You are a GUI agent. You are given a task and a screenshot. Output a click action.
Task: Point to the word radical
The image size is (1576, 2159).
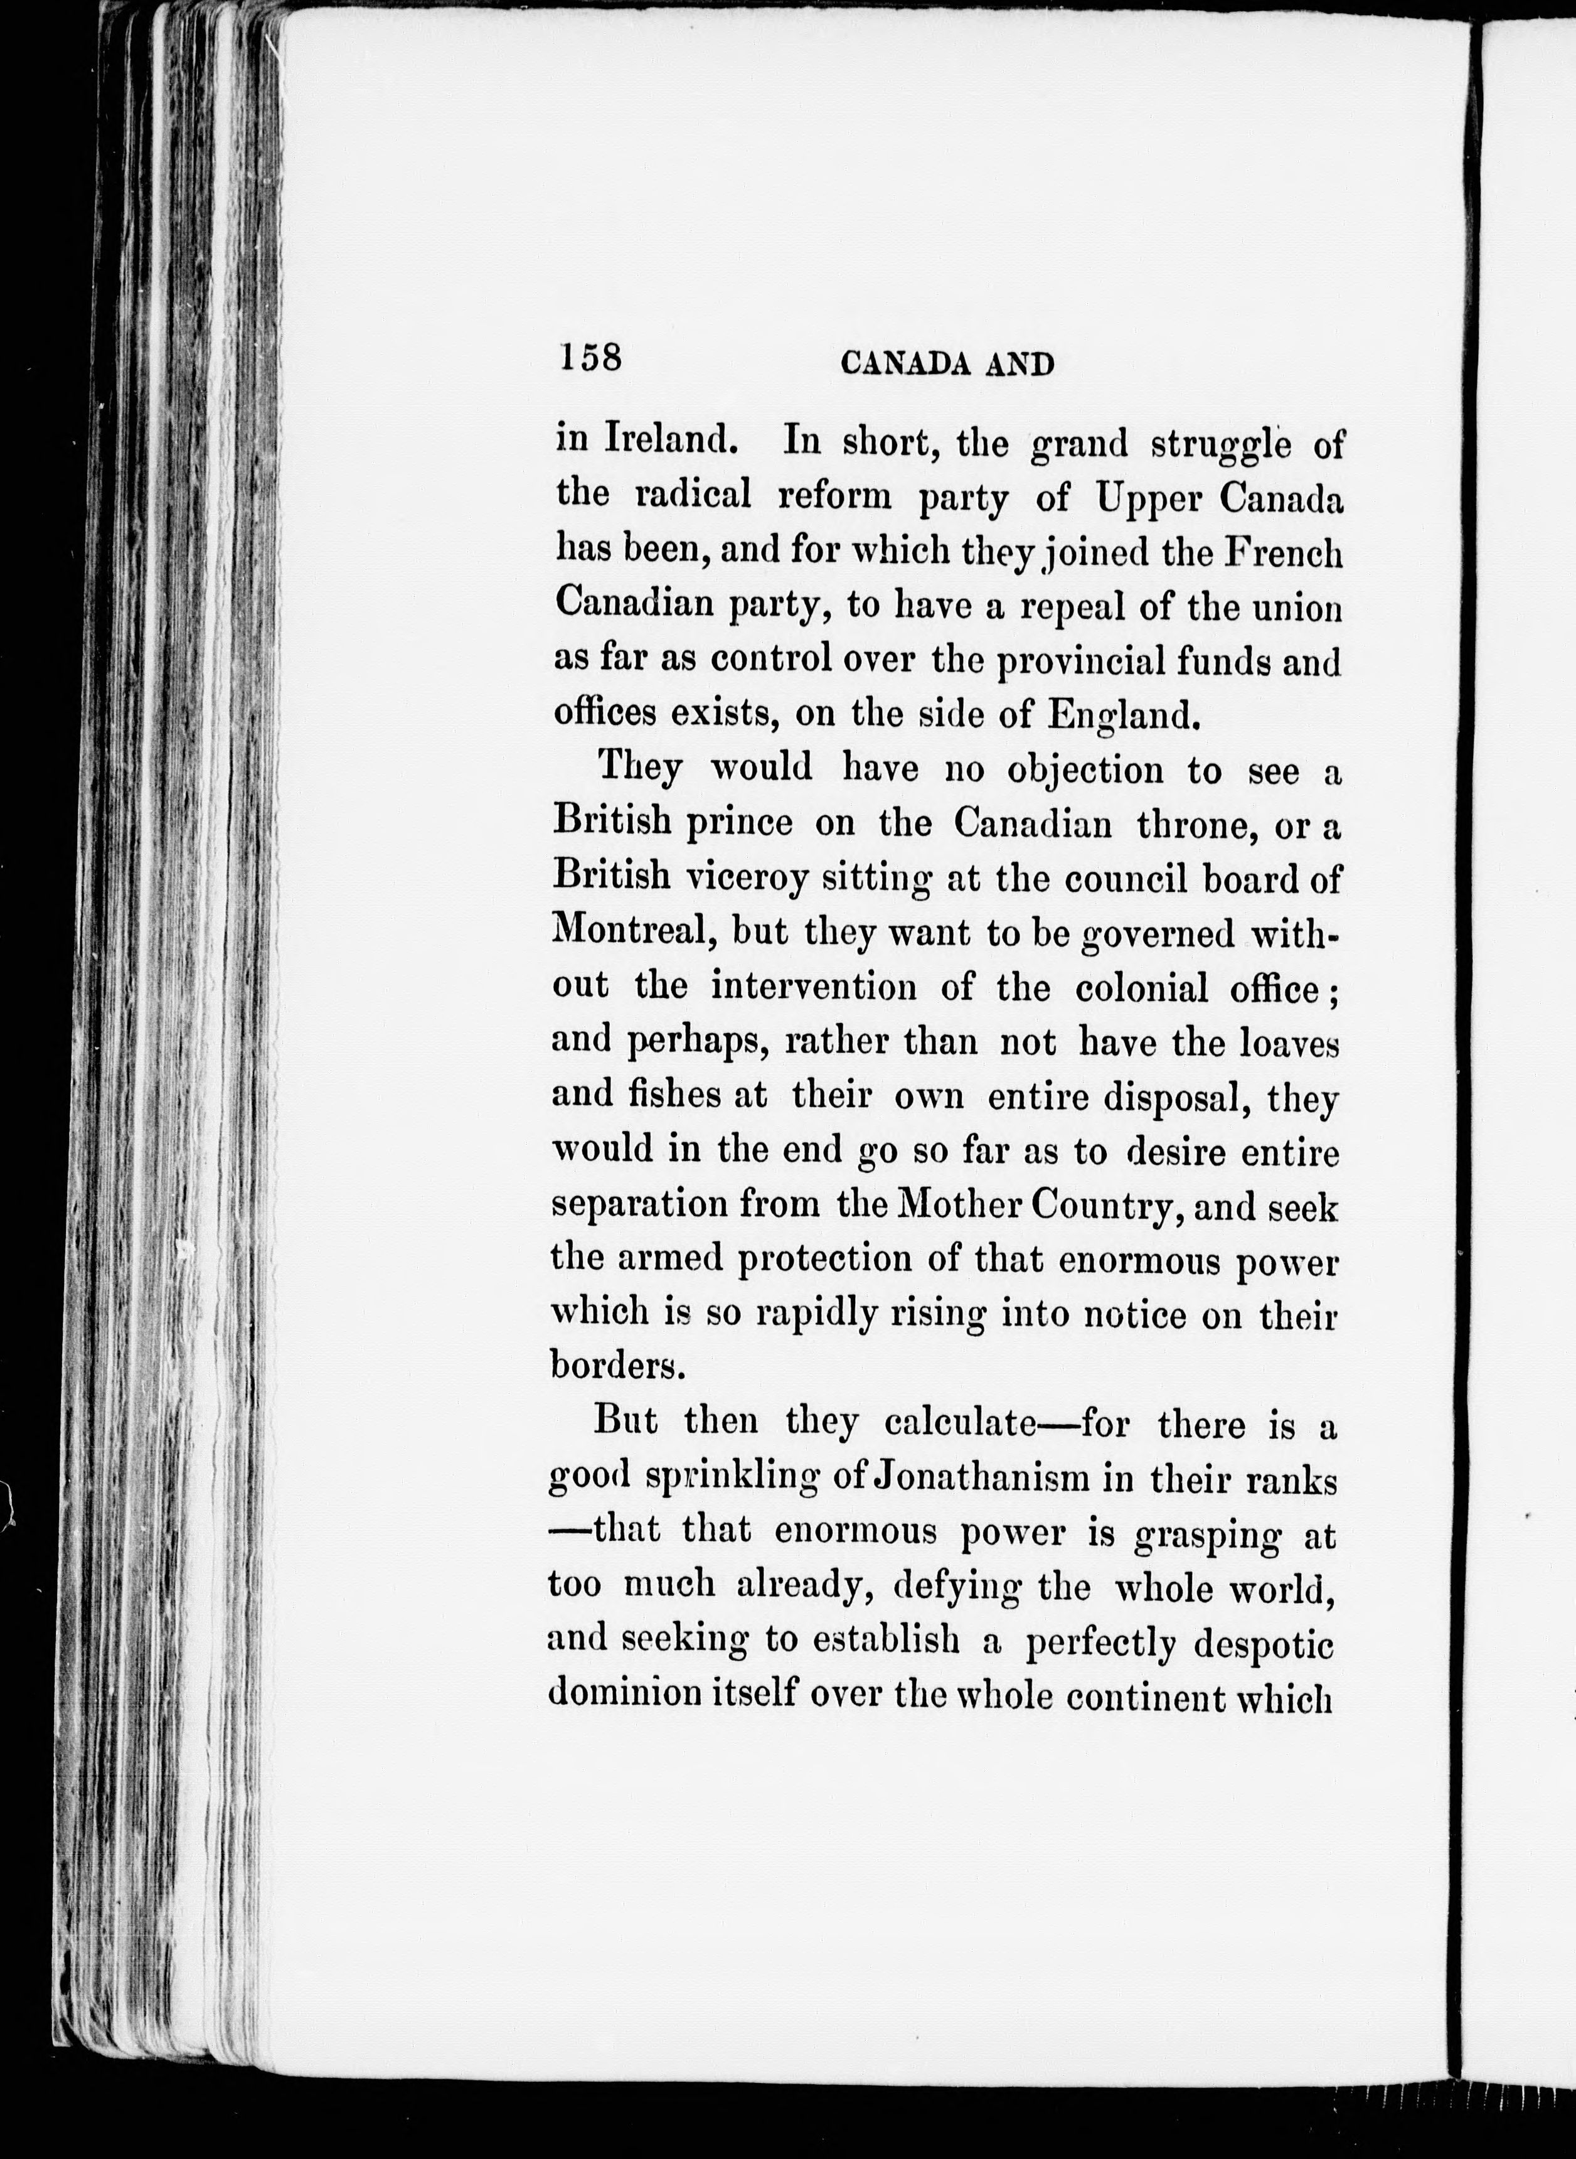pos(693,495)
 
